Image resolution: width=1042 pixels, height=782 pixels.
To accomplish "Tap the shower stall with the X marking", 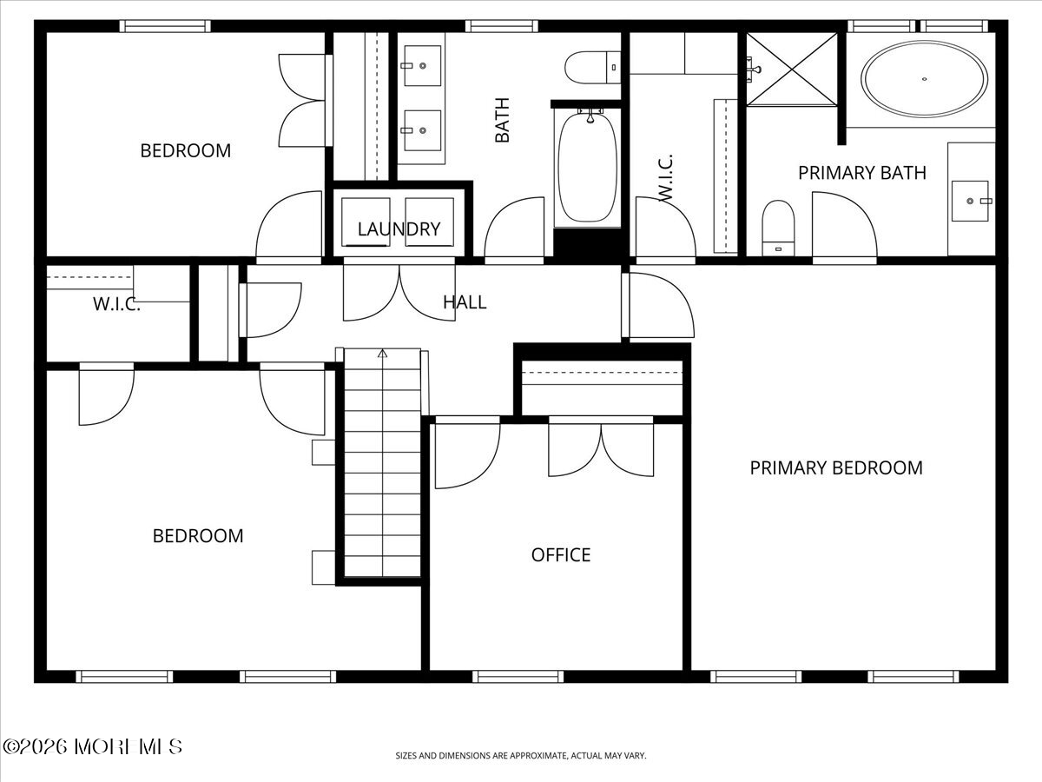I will (x=792, y=69).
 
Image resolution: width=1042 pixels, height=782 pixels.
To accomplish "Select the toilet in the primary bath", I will (x=778, y=227).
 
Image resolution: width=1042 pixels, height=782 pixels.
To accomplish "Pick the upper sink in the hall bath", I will (x=422, y=65).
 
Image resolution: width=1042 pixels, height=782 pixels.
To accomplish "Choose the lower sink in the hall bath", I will (x=422, y=131).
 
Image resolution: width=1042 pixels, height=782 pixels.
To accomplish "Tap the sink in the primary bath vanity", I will (x=970, y=201).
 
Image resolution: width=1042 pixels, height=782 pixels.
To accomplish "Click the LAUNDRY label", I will (x=399, y=229).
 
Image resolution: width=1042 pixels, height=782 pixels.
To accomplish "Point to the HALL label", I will (x=465, y=302).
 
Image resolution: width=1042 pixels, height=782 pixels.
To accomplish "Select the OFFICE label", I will (x=561, y=554).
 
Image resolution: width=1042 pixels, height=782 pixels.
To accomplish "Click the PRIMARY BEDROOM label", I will (x=835, y=467).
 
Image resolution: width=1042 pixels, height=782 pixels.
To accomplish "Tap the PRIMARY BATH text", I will (x=861, y=173).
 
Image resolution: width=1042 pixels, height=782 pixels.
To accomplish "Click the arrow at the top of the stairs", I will (x=381, y=353).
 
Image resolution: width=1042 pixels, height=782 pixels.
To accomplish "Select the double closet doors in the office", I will (x=601, y=447).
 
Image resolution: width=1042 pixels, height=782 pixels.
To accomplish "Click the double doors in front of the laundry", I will (x=399, y=293).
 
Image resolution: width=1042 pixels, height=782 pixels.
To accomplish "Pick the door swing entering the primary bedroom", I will (x=660, y=306).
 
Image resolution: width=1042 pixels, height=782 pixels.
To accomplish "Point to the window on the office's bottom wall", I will (x=518, y=676).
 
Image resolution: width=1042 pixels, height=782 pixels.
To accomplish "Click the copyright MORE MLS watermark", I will (x=92, y=746).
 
